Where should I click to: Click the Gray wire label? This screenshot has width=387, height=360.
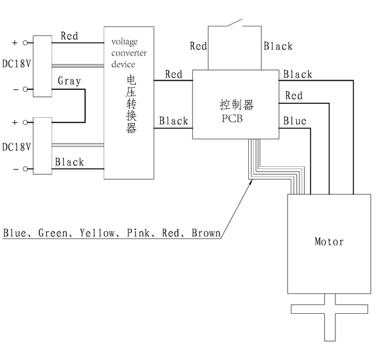click(69, 81)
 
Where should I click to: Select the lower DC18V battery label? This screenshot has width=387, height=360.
click(16, 146)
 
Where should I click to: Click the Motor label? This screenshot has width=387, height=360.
click(329, 242)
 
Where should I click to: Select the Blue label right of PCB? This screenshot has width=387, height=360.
click(295, 121)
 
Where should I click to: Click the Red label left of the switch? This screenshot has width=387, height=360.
click(198, 46)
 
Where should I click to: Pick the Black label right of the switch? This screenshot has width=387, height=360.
click(278, 46)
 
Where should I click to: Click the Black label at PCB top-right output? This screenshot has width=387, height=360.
click(298, 74)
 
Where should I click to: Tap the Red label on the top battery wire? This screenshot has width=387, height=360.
click(69, 36)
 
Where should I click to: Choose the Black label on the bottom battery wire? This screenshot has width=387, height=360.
click(69, 162)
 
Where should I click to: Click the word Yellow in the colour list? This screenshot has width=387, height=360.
click(97, 233)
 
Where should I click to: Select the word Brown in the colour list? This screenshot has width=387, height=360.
click(206, 233)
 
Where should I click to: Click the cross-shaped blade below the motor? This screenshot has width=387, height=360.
click(329, 317)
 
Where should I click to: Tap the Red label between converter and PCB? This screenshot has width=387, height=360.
click(174, 74)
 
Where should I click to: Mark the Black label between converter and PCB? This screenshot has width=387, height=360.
click(174, 121)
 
